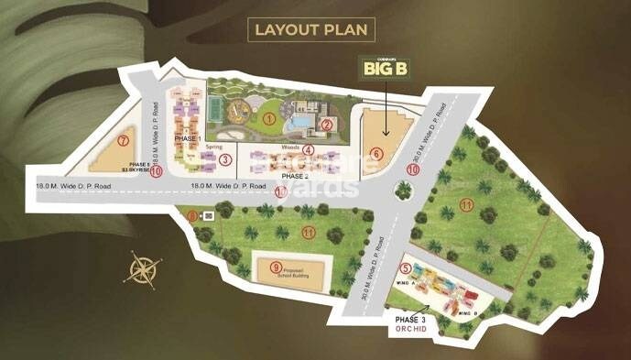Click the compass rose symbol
click(x=144, y=270)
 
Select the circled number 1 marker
click(x=269, y=118)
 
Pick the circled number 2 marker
click(x=326, y=125)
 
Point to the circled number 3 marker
click(x=225, y=159)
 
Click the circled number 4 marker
click(x=309, y=150)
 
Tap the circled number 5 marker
click(x=406, y=268)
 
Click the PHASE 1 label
click(x=187, y=137)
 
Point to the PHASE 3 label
click(x=410, y=320)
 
